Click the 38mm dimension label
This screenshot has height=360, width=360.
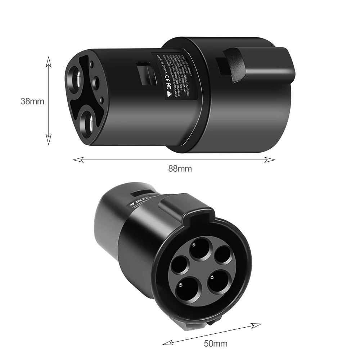[32, 101]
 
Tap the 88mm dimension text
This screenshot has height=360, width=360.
[180, 168]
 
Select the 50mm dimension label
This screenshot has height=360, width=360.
[216, 343]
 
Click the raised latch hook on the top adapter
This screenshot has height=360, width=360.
[236, 60]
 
